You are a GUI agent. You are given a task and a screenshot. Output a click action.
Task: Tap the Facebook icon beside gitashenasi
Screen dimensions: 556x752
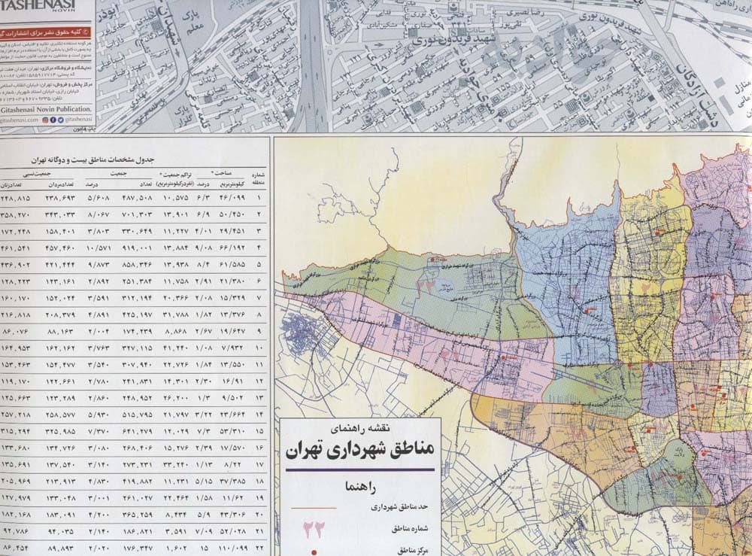click(x=52, y=119)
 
